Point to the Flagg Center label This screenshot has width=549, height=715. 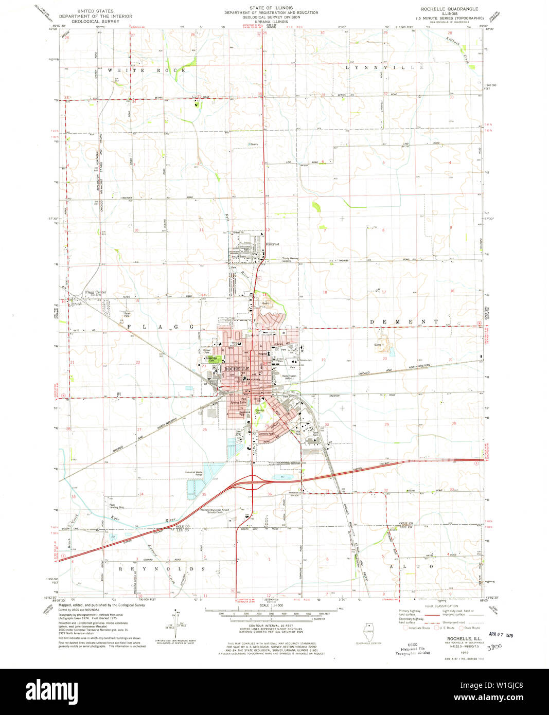pos(95,293)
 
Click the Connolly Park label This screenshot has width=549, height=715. pos(266,434)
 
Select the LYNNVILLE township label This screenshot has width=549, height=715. pos(385,67)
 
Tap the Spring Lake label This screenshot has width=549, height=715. pos(238,402)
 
